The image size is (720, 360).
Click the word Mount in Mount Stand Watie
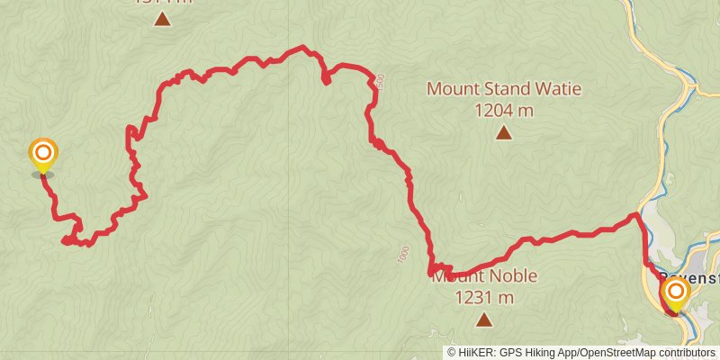pyautogui.click(x=450, y=89)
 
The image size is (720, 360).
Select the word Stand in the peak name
pyautogui.click(x=507, y=89)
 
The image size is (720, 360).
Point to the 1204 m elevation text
pyautogui.click(x=504, y=111)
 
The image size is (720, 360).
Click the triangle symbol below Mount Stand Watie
pyautogui.click(x=504, y=134)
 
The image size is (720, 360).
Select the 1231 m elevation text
pyautogui.click(x=484, y=298)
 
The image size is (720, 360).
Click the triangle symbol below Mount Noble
pyautogui.click(x=484, y=319)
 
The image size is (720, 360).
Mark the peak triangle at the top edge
pyautogui.click(x=162, y=18)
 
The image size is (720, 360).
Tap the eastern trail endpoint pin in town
pyautogui.click(x=674, y=293)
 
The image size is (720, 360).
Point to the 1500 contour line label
pyautogui.click(x=382, y=82)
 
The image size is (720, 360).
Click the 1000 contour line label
pyautogui.click(x=402, y=255)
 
